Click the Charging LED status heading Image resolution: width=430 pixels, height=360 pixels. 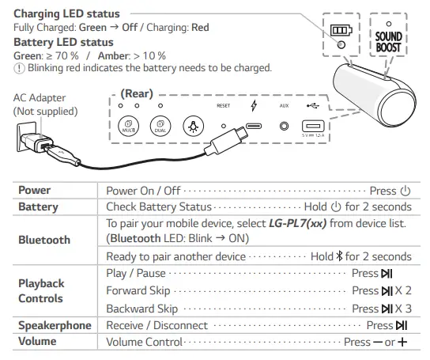pyautogui.click(x=67, y=14)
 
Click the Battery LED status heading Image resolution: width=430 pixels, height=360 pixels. pyautogui.click(x=64, y=42)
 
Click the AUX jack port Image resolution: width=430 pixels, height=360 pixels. pyautogui.click(x=285, y=126)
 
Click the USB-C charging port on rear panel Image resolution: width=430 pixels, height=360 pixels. pyautogui.click(x=253, y=126)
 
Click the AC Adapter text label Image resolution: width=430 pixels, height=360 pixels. pyautogui.click(x=40, y=104)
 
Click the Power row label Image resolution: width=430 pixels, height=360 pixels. pyautogui.click(x=35, y=191)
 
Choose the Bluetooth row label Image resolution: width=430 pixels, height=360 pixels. pyautogui.click(x=44, y=240)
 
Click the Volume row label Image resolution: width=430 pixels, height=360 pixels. pyautogui.click(x=39, y=342)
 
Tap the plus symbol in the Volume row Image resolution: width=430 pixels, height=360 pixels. pyautogui.click(x=403, y=342)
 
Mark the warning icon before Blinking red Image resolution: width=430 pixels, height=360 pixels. pyautogui.click(x=20, y=68)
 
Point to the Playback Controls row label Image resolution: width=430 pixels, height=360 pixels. pyautogui.click(x=41, y=290)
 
